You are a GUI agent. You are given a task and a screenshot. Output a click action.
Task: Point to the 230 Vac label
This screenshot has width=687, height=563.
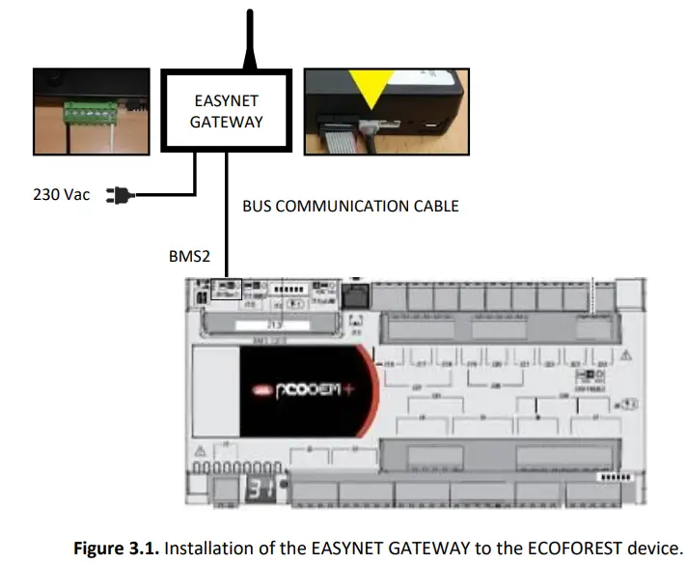pyautogui.click(x=61, y=195)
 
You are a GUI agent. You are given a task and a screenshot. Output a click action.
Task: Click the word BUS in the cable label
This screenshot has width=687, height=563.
pyautogui.click(x=258, y=207)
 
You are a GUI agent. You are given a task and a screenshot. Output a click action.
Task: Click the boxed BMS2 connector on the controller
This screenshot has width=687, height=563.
pyautogui.click(x=226, y=288)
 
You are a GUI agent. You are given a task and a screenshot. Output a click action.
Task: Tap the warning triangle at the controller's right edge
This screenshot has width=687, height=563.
pyautogui.click(x=628, y=352)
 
